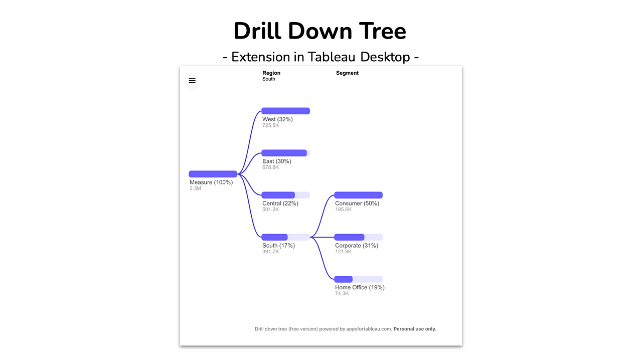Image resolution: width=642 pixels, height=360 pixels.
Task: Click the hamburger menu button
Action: (192, 81)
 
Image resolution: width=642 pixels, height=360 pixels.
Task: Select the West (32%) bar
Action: (286, 111)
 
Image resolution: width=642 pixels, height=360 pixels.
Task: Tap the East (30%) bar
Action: (286, 153)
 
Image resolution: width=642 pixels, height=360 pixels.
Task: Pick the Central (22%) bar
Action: (286, 195)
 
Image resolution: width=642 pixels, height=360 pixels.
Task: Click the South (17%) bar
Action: (286, 237)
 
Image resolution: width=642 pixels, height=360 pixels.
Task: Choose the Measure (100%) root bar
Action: (213, 174)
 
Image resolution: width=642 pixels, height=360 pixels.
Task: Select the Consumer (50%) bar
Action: (359, 195)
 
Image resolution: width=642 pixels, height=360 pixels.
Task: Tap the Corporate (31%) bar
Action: (359, 237)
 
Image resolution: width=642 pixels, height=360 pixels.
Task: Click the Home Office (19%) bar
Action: (359, 279)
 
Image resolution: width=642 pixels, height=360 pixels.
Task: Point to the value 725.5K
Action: (270, 125)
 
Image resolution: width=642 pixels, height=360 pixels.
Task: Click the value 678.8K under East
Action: (270, 167)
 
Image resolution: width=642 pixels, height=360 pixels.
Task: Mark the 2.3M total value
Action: (196, 189)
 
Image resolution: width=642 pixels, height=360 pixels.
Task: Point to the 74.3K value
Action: (342, 293)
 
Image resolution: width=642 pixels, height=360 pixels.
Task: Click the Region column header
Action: (271, 73)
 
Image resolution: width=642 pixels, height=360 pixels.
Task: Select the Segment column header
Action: (348, 73)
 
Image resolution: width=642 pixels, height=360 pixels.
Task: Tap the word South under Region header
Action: (269, 79)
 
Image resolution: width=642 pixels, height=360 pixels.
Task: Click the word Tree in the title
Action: (382, 31)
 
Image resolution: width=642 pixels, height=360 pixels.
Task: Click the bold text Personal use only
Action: (415, 329)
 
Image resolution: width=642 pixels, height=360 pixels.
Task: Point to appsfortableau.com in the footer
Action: (369, 329)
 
